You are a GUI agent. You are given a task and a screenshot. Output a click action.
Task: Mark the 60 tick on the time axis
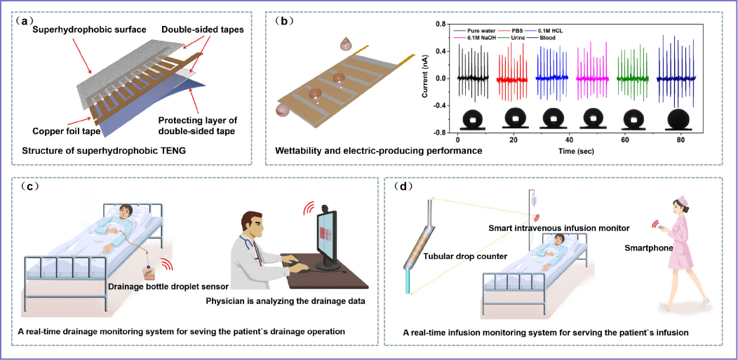[624, 140]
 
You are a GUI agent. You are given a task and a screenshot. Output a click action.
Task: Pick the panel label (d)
[403, 187]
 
